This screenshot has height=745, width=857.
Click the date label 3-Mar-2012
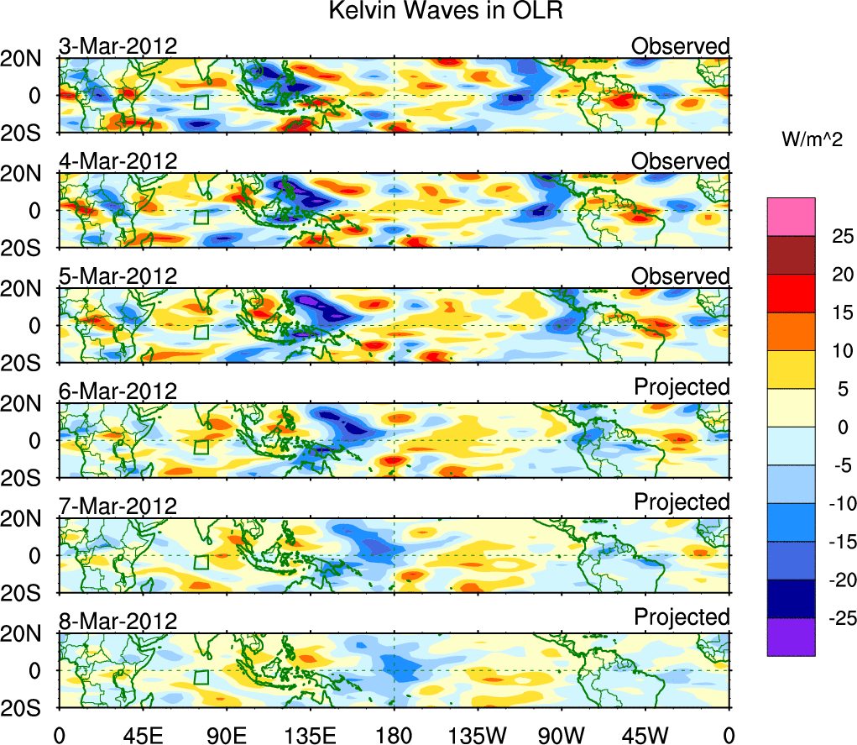pos(118,46)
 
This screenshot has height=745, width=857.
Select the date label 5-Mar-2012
pos(118,276)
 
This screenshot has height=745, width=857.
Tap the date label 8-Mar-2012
pos(118,622)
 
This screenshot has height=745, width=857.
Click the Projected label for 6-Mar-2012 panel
pos(682,386)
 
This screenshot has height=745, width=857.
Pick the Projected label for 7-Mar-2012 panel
pos(682,501)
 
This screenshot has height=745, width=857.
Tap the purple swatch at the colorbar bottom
pos(790,637)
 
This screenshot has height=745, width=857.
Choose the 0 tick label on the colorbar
pos(840,427)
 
